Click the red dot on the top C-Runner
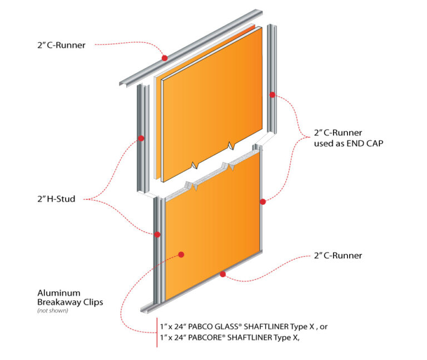[x=164, y=58]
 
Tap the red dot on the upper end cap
[x=272, y=95]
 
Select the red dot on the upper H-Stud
[x=141, y=138]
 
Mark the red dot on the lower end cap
[x=263, y=201]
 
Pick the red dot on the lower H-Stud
[x=158, y=234]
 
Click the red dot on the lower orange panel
[x=181, y=254]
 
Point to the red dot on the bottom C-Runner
[x=222, y=274]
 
